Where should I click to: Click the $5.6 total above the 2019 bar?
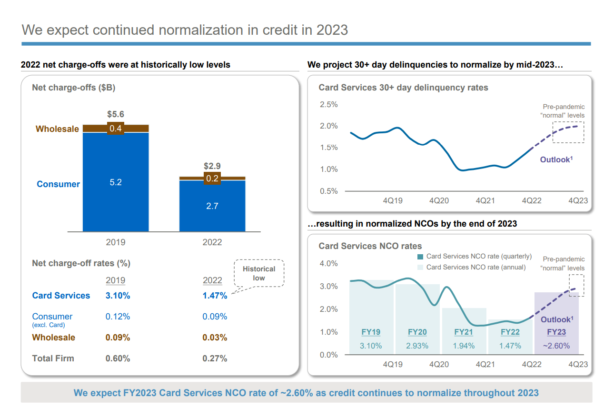pyautogui.click(x=116, y=114)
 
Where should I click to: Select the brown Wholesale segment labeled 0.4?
pyautogui.click(x=116, y=129)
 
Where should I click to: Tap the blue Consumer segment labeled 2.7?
pyautogui.click(x=212, y=206)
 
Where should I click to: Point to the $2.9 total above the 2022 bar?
pyautogui.click(x=212, y=166)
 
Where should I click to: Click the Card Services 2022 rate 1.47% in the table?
pyautogui.click(x=215, y=296)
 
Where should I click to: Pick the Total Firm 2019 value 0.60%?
pyautogui.click(x=118, y=358)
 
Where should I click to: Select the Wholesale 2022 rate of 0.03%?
pyautogui.click(x=215, y=338)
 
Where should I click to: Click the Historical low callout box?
pyautogui.click(x=259, y=273)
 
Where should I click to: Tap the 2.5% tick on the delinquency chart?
pyautogui.click(x=328, y=104)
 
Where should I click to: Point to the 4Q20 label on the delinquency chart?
pyautogui.click(x=439, y=200)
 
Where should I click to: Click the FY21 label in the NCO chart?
pyautogui.click(x=464, y=332)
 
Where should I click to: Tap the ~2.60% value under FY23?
pyautogui.click(x=556, y=346)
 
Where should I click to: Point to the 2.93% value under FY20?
pyautogui.click(x=417, y=346)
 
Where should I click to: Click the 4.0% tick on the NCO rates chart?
pyautogui.click(x=328, y=263)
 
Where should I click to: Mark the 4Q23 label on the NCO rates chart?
pyautogui.click(x=578, y=364)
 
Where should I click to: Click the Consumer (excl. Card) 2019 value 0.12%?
pyautogui.click(x=118, y=317)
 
